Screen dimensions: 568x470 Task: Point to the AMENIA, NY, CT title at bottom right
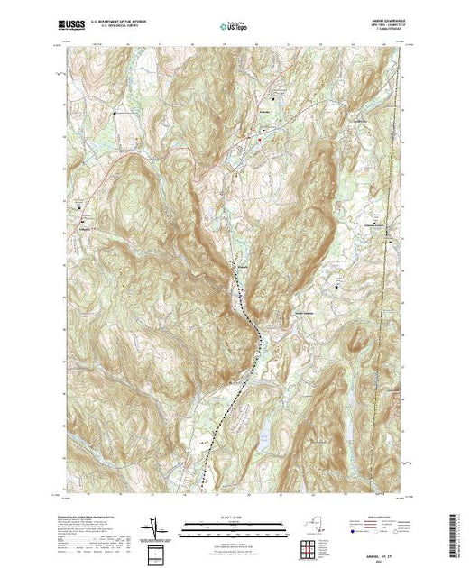(x=379, y=552)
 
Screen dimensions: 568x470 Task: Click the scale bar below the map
(x=233, y=527)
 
